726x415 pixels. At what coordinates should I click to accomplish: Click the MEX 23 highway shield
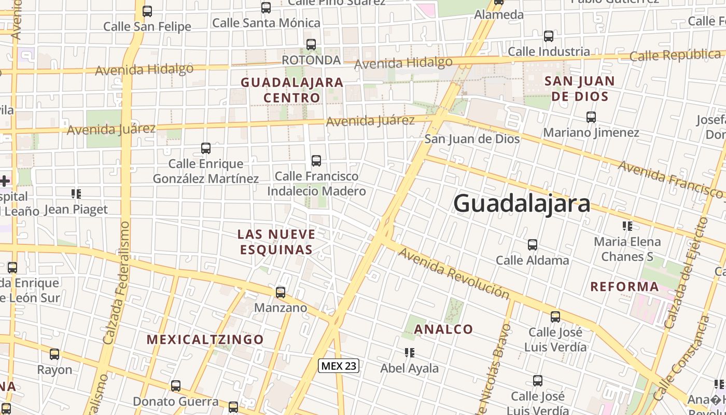click(x=339, y=366)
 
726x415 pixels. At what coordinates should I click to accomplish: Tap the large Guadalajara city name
click(x=522, y=203)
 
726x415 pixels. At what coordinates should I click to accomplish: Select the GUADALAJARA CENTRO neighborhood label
click(x=292, y=90)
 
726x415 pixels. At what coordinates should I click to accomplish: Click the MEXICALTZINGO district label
click(x=205, y=340)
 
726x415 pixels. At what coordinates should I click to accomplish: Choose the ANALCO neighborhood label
click(x=443, y=329)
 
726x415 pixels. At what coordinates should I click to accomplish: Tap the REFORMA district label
click(x=624, y=286)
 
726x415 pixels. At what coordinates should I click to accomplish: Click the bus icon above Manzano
click(x=281, y=293)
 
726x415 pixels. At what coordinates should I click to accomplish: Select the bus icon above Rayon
click(x=54, y=355)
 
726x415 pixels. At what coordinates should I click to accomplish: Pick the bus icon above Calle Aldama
click(x=532, y=245)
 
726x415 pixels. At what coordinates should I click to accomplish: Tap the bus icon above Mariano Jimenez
click(x=591, y=117)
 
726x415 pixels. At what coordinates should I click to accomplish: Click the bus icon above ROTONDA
click(x=311, y=45)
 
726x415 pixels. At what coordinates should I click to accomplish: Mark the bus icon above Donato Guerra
click(x=176, y=386)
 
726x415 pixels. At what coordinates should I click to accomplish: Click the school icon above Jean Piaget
click(x=76, y=194)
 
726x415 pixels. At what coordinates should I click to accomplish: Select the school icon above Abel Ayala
click(x=410, y=353)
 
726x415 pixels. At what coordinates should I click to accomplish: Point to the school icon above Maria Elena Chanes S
click(x=627, y=226)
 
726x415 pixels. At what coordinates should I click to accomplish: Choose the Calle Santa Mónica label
click(x=266, y=23)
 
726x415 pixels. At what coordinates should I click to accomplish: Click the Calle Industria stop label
click(x=549, y=51)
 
